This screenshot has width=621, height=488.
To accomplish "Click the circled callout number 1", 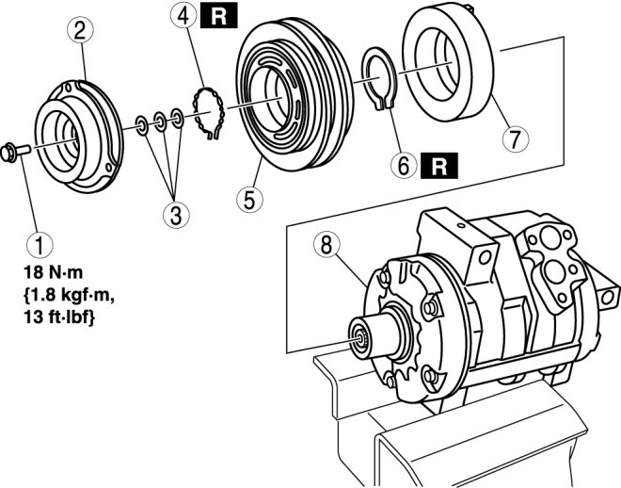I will click(39, 246).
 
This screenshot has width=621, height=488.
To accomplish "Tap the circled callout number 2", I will click(81, 30).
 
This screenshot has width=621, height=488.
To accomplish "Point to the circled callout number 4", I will click(185, 15).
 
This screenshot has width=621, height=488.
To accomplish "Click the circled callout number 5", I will click(247, 199).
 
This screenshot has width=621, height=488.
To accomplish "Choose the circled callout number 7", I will click(515, 138).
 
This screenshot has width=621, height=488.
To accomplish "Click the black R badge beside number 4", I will click(220, 15).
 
